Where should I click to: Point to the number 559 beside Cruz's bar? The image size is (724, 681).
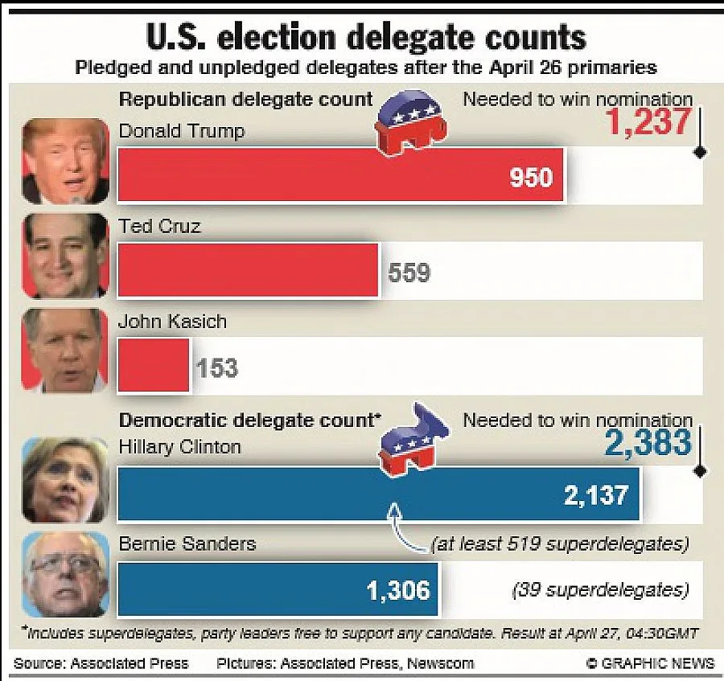pyautogui.click(x=409, y=273)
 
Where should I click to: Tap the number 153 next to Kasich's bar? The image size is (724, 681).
pyautogui.click(x=217, y=368)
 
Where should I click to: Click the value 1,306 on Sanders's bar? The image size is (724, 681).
pyautogui.click(x=398, y=591)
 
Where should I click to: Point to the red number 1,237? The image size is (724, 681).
pyautogui.click(x=649, y=122)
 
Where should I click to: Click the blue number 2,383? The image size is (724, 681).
pyautogui.click(x=648, y=442)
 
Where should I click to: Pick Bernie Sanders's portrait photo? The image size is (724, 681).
pyautogui.click(x=65, y=574)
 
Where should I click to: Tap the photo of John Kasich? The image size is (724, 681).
pyautogui.click(x=65, y=351)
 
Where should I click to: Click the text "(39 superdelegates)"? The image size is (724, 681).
pyautogui.click(x=600, y=590)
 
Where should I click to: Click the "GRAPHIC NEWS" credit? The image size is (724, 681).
pyautogui.click(x=650, y=663)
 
